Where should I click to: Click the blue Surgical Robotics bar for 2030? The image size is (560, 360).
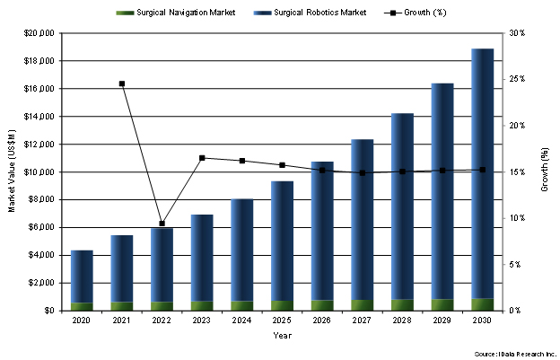tap(482, 171)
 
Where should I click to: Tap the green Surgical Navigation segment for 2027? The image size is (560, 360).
tap(362, 305)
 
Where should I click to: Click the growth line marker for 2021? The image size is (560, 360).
tap(122, 83)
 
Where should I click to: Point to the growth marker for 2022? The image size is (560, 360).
tap(162, 224)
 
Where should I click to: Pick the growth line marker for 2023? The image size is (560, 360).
tap(202, 158)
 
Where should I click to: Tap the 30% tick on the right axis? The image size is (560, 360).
tap(516, 33)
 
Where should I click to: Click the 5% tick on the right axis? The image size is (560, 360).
tap(516, 265)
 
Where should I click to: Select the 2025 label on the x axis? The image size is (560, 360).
tap(282, 320)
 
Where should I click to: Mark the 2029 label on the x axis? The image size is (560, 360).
tap(442, 320)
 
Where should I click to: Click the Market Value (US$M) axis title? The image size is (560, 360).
tap(12, 171)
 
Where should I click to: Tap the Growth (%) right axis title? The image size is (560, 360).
tap(545, 171)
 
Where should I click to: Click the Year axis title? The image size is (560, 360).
tap(282, 336)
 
